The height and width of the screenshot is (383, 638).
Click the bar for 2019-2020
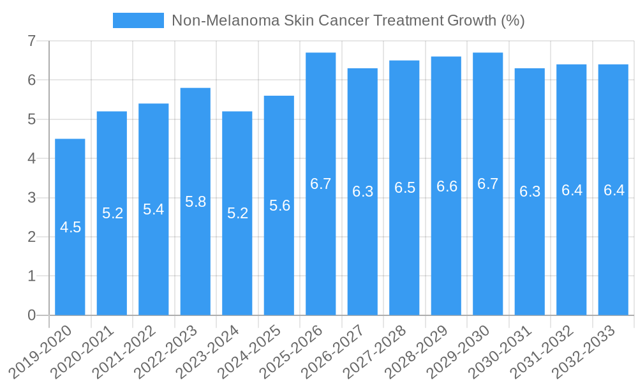coord(70,255)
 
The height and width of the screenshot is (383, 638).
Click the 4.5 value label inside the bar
coord(70,227)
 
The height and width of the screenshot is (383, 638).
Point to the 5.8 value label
coord(195,202)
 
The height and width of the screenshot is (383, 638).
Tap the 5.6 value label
coord(279,206)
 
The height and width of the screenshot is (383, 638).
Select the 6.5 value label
coord(404,188)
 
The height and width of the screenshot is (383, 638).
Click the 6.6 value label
coord(447,186)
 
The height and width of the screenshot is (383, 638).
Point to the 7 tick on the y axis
coord(31,41)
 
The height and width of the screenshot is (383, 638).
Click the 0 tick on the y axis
coord(31,315)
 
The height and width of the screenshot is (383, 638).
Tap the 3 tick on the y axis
coord(31,198)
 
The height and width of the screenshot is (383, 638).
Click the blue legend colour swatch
coord(138,20)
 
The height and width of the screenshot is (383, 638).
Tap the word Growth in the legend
coord(471,20)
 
